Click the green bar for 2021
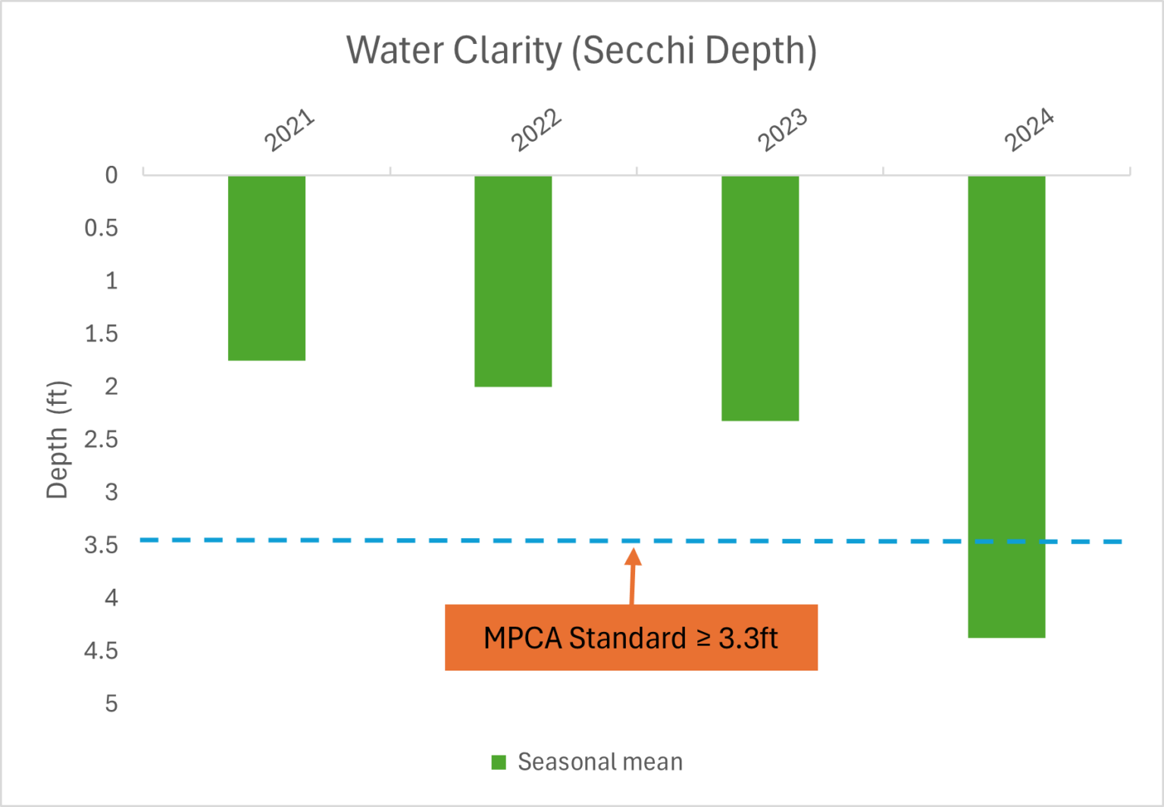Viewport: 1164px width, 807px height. click(x=267, y=267)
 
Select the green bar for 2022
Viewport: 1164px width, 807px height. click(x=513, y=281)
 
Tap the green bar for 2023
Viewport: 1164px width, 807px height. click(x=760, y=298)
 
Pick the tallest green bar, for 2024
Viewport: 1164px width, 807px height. click(x=1006, y=406)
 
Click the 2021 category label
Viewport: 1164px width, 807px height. click(x=289, y=130)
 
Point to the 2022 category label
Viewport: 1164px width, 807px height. click(x=536, y=130)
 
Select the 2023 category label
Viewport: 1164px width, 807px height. click(x=783, y=130)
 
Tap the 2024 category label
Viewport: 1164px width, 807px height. click(x=1029, y=130)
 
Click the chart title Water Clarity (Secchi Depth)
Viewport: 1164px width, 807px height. click(x=581, y=51)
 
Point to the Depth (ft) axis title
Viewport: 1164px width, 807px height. click(x=58, y=439)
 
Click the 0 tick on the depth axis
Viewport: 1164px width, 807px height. click(x=111, y=175)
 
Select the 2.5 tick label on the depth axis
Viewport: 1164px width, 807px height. click(x=102, y=439)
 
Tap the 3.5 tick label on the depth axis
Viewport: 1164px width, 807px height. click(x=102, y=545)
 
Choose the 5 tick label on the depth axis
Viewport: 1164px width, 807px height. click(x=111, y=704)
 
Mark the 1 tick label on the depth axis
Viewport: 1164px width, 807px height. click(x=111, y=281)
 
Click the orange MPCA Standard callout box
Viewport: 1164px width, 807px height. click(x=630, y=637)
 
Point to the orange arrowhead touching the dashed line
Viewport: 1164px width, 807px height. click(x=634, y=557)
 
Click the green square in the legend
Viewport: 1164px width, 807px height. click(x=499, y=762)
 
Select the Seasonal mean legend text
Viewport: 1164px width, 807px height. click(x=600, y=762)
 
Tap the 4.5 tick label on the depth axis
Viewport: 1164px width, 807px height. click(x=102, y=651)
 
